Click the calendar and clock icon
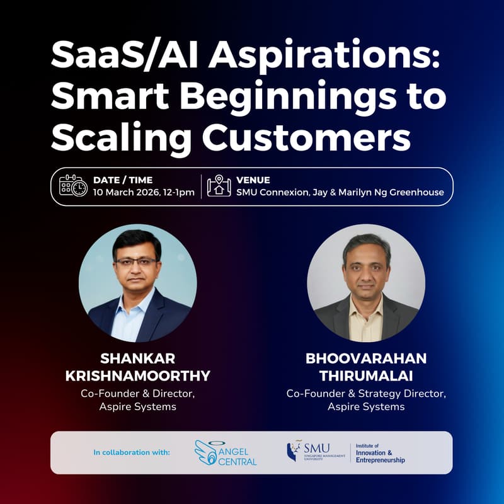coord(73,186)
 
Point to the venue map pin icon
coord(219,186)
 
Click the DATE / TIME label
coord(123,180)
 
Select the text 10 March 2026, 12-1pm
coord(144,192)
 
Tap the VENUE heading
coord(253,180)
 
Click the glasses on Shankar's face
coord(137,261)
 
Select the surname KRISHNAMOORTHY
coord(137,377)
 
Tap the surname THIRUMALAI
coord(366,375)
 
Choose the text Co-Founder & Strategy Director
coord(366,393)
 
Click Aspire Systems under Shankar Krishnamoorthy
coord(137,407)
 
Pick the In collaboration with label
coord(132,452)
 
